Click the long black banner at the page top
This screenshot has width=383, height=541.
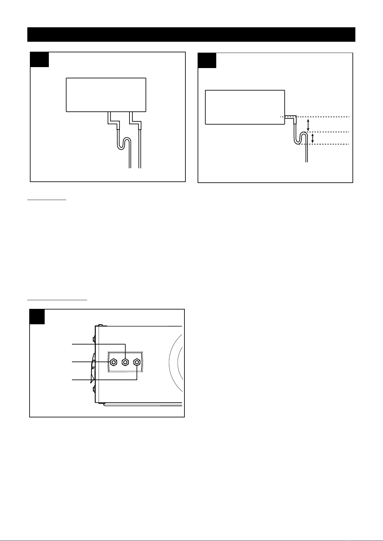[x=191, y=34]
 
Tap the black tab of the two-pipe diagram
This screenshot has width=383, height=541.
[x=40, y=59]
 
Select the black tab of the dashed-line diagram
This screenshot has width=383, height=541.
[x=207, y=60]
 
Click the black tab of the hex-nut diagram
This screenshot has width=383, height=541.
[x=37, y=317]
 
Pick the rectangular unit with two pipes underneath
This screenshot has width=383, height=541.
[x=106, y=95]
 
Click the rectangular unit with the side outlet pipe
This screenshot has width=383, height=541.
[x=245, y=107]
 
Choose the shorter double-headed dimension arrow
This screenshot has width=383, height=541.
[x=313, y=138]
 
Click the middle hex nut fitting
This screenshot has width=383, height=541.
[x=125, y=362]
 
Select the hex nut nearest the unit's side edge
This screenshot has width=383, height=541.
[x=113, y=362]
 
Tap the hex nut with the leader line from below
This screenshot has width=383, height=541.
[x=137, y=362]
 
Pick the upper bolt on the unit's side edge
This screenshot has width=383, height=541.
[x=93, y=339]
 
